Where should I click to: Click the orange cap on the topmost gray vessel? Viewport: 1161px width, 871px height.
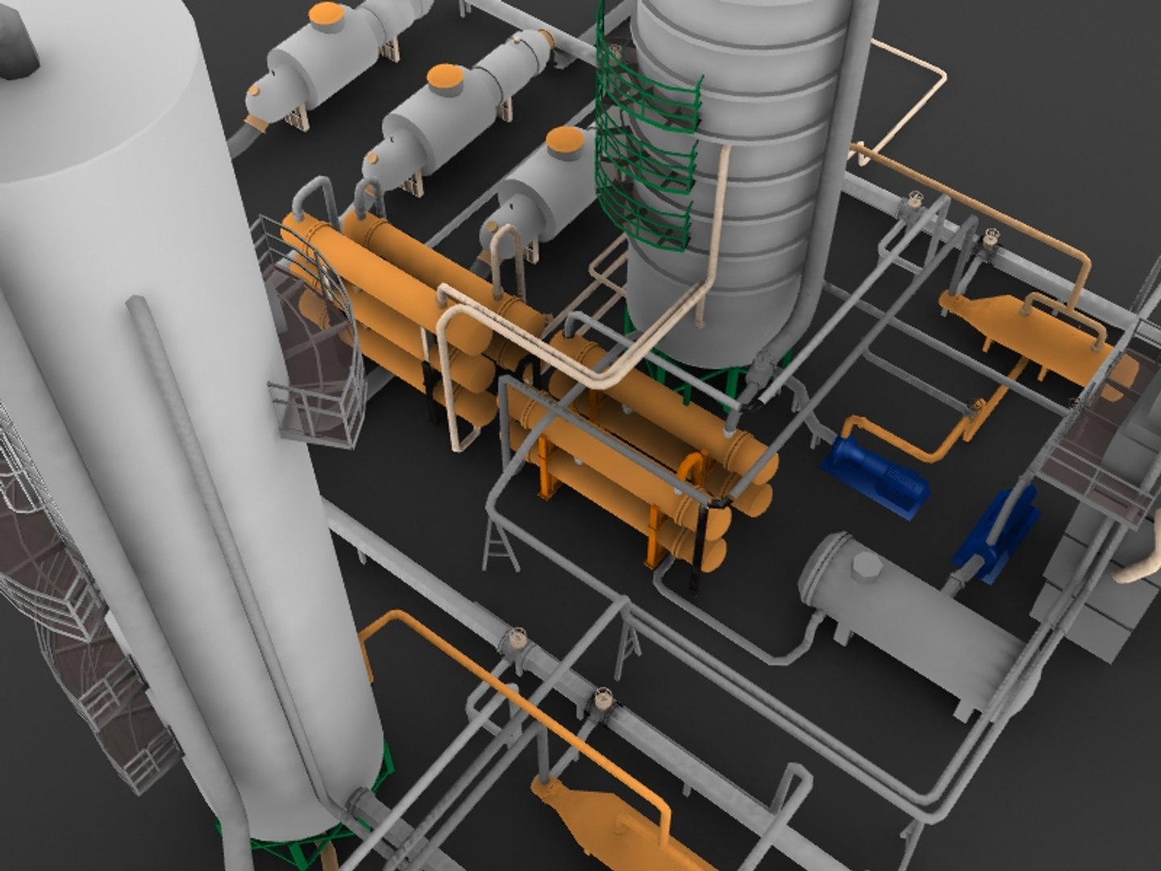tap(327, 14)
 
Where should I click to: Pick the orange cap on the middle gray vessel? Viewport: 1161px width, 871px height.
tap(445, 77)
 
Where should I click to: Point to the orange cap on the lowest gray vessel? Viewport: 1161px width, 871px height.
tap(564, 140)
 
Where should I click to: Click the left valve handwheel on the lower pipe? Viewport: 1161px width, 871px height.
tap(514, 641)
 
